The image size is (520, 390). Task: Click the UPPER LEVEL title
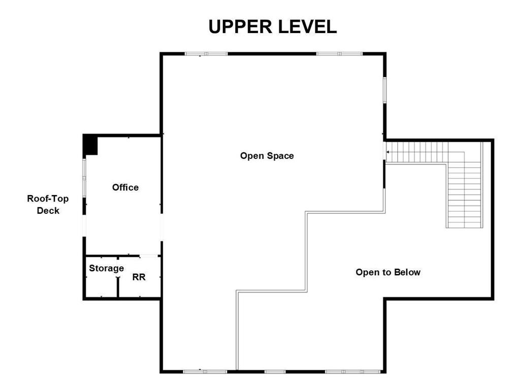point(273,26)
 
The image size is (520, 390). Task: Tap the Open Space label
point(267,156)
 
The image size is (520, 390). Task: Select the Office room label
point(125,187)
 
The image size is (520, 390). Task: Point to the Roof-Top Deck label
point(48,205)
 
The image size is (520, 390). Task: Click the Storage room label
point(106,268)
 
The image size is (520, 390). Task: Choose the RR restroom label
point(139,277)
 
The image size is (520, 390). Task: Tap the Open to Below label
point(388,272)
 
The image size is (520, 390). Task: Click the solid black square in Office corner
point(90,145)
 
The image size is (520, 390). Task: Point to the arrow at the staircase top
point(388,151)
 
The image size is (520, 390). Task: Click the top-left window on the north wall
point(206,53)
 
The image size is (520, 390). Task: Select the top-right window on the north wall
point(340,53)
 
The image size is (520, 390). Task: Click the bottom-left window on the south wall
point(205,372)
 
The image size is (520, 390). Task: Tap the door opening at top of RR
point(148,255)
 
